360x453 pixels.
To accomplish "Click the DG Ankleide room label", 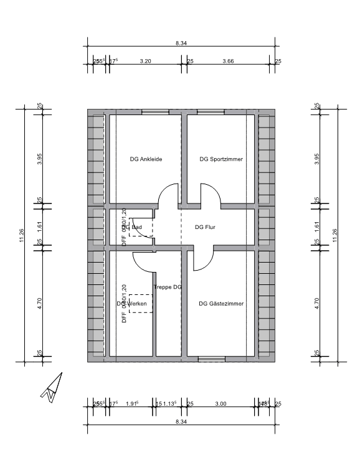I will [146, 159].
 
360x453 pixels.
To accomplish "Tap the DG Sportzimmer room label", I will [220, 159].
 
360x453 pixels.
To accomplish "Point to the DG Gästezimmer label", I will [221, 304].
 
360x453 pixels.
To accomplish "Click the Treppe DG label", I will [168, 287].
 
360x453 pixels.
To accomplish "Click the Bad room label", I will [136, 228].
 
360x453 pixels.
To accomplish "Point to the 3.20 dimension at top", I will [145, 61].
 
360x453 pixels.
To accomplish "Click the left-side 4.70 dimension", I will [39, 304].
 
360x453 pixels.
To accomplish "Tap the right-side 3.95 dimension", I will [318, 158].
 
